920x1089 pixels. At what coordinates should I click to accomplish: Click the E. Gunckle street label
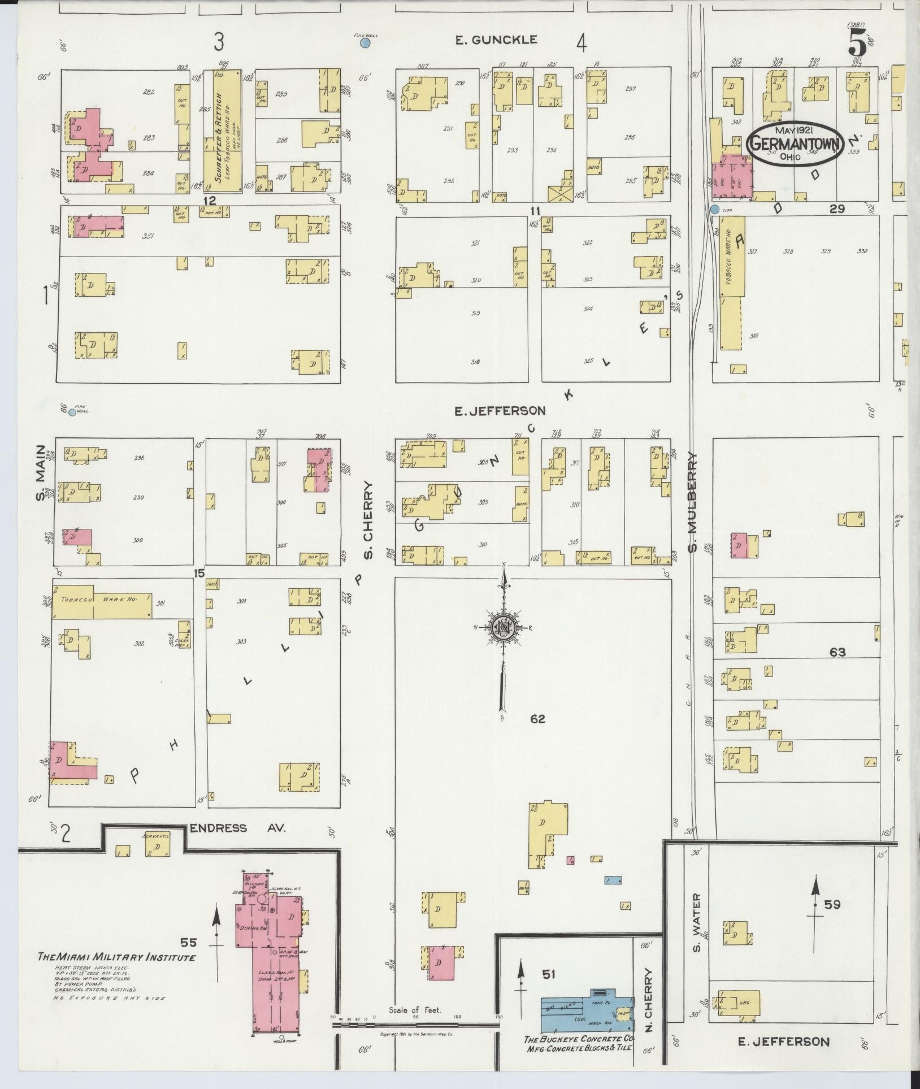(x=496, y=40)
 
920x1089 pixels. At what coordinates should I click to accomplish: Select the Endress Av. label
(x=238, y=828)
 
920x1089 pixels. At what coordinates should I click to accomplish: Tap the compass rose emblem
(x=502, y=628)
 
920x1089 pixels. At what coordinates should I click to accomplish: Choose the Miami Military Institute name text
(x=116, y=957)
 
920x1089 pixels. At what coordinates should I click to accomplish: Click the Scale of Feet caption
(x=415, y=1010)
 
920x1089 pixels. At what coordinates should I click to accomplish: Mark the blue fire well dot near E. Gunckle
(x=366, y=43)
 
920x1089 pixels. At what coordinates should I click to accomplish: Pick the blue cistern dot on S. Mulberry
(x=715, y=210)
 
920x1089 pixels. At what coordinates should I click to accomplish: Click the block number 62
(x=537, y=719)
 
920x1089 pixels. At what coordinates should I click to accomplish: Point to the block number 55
(x=189, y=942)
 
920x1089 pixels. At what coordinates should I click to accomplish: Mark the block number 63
(x=837, y=652)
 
